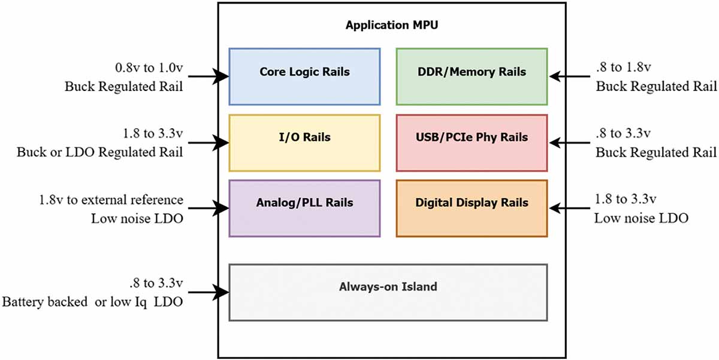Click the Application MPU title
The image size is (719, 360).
392,25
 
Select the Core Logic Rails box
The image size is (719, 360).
304,77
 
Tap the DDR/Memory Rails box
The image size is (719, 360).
472,77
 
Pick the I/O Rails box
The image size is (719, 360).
304,143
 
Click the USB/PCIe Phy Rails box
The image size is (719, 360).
472,143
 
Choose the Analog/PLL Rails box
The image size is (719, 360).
304,208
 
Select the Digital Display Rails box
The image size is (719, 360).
472,208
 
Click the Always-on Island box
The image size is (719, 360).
388,292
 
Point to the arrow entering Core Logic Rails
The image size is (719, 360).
209,76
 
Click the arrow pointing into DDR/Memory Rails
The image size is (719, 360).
569,76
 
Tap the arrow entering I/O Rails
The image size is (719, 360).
209,143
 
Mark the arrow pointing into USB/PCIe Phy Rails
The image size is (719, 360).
569,143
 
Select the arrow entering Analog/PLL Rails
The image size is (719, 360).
209,208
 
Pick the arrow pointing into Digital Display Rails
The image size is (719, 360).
569,208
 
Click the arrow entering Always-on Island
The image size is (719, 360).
209,292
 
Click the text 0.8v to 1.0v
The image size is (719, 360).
149,68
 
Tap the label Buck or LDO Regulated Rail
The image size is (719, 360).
99,152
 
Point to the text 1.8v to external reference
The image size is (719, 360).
111,200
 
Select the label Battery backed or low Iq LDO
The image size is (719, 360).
92,302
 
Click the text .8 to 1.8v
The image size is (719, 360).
623,67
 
